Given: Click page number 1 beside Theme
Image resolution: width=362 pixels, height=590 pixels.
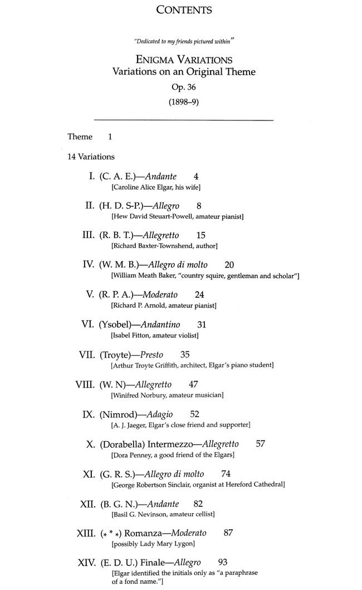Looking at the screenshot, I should click(110, 137).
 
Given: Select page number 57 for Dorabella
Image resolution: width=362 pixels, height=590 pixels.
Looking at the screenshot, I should click(260, 444).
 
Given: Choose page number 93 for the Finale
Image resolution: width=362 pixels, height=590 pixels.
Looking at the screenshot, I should click(223, 562).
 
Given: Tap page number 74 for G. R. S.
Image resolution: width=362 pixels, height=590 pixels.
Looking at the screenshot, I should click(226, 473).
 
